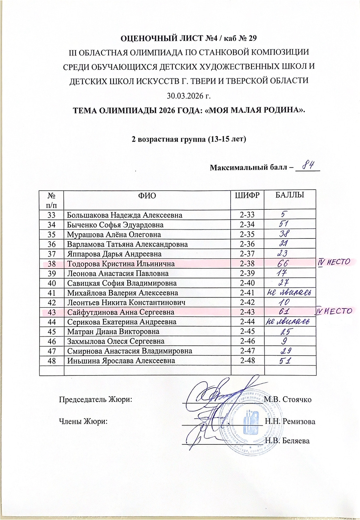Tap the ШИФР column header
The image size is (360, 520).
coord(247,195)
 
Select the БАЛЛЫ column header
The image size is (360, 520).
coord(290,195)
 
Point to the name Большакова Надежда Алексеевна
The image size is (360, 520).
coord(125,215)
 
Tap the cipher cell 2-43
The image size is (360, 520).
coord(247,312)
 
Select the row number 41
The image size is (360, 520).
coord(52,293)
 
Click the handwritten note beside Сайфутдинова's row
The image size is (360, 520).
coord(333,311)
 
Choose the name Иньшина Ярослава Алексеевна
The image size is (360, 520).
coord(121,361)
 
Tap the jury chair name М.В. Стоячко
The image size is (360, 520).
coord(288,399)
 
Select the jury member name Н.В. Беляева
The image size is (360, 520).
coord(287,441)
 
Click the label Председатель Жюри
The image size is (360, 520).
coord(95,399)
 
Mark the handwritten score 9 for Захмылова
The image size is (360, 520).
coord(284,341)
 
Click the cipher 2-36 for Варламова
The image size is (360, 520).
coord(247,244)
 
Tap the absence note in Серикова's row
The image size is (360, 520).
coord(286,322)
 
